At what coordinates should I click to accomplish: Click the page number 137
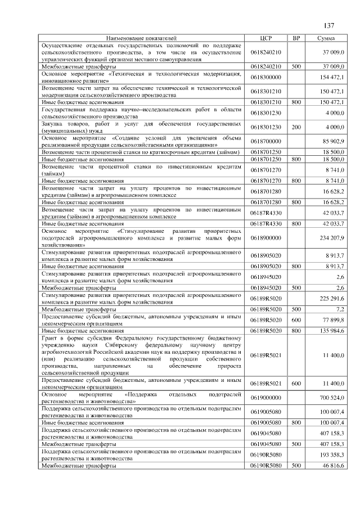tap(329, 25)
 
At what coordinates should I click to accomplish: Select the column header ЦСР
tap(267, 38)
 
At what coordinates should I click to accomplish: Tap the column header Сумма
tap(327, 38)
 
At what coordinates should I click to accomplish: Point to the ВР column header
tap(296, 38)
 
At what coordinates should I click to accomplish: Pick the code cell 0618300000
tap(267, 77)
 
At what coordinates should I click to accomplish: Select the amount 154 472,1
tap(332, 77)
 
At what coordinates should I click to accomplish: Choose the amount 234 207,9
tap(332, 238)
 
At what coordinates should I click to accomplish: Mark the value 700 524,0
tap(332, 398)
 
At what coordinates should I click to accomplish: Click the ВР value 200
tap(296, 127)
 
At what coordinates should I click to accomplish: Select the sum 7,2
tap(339, 309)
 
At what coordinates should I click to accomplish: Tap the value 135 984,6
tap(332, 331)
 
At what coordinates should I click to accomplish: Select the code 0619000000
tap(267, 398)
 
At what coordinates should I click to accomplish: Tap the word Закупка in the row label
tap(53, 124)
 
